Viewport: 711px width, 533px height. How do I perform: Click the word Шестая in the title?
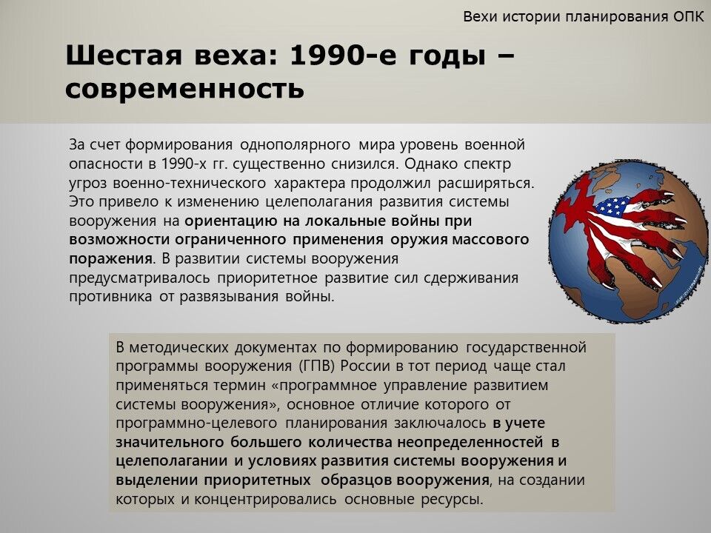(x=124, y=56)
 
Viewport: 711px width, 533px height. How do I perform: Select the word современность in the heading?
(x=184, y=88)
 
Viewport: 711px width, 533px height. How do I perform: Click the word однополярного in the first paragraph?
(x=295, y=146)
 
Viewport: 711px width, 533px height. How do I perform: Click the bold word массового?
(x=491, y=239)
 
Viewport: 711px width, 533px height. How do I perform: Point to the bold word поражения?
(x=110, y=259)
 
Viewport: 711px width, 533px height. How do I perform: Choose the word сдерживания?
(x=471, y=278)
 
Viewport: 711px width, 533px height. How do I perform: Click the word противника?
(x=110, y=297)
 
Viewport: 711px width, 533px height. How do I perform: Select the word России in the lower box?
(x=363, y=366)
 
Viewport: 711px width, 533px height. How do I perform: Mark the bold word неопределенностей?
(x=470, y=442)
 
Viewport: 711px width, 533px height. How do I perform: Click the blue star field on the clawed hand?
(x=612, y=207)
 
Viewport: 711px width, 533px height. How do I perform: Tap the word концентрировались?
(x=265, y=500)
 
